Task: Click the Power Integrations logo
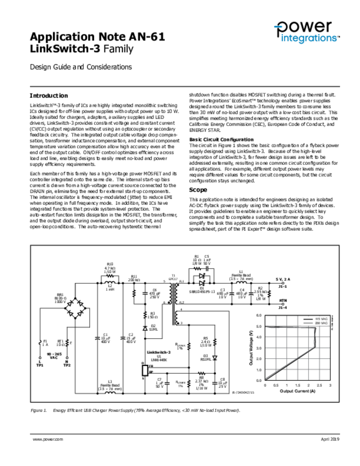[x=306, y=32]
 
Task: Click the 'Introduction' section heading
[x=49, y=96]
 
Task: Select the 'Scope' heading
[x=198, y=190]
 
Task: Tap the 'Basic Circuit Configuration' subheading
[x=221, y=140]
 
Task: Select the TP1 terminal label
[x=40, y=365]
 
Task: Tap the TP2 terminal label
[x=67, y=365]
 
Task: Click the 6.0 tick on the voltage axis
[x=259, y=315]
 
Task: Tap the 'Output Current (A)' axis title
[x=297, y=391]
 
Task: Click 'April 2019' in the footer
[x=330, y=439]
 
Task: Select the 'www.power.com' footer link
[x=47, y=439]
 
